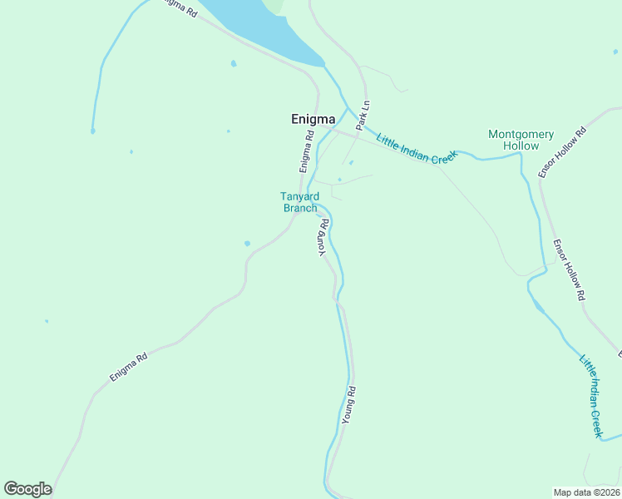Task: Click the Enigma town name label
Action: [x=313, y=119]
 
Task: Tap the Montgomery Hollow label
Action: [x=521, y=140]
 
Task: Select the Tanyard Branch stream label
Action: [x=299, y=202]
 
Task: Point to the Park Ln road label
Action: [x=363, y=116]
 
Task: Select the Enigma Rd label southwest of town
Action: [x=129, y=367]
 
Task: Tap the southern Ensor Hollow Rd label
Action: [x=570, y=269]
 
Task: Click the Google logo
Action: [x=27, y=489]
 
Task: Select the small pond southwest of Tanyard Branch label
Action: [x=247, y=243]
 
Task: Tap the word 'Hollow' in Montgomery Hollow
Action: [x=521, y=146]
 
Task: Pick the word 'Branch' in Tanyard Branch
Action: [x=300, y=208]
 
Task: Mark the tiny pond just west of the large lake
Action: [x=233, y=63]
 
